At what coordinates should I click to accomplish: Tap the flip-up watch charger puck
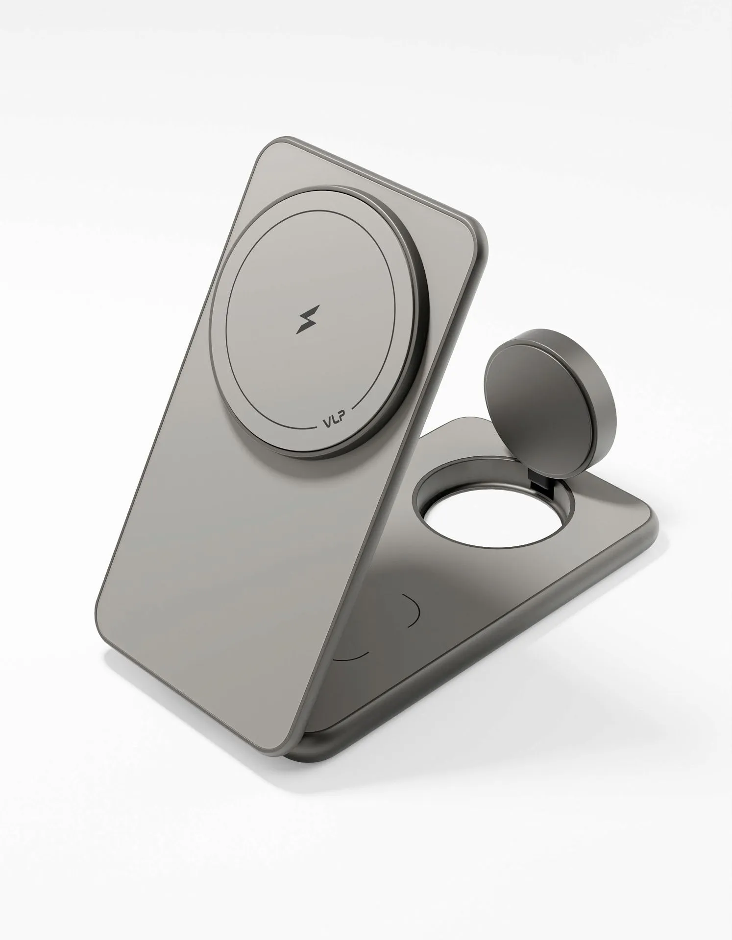click(x=550, y=382)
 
